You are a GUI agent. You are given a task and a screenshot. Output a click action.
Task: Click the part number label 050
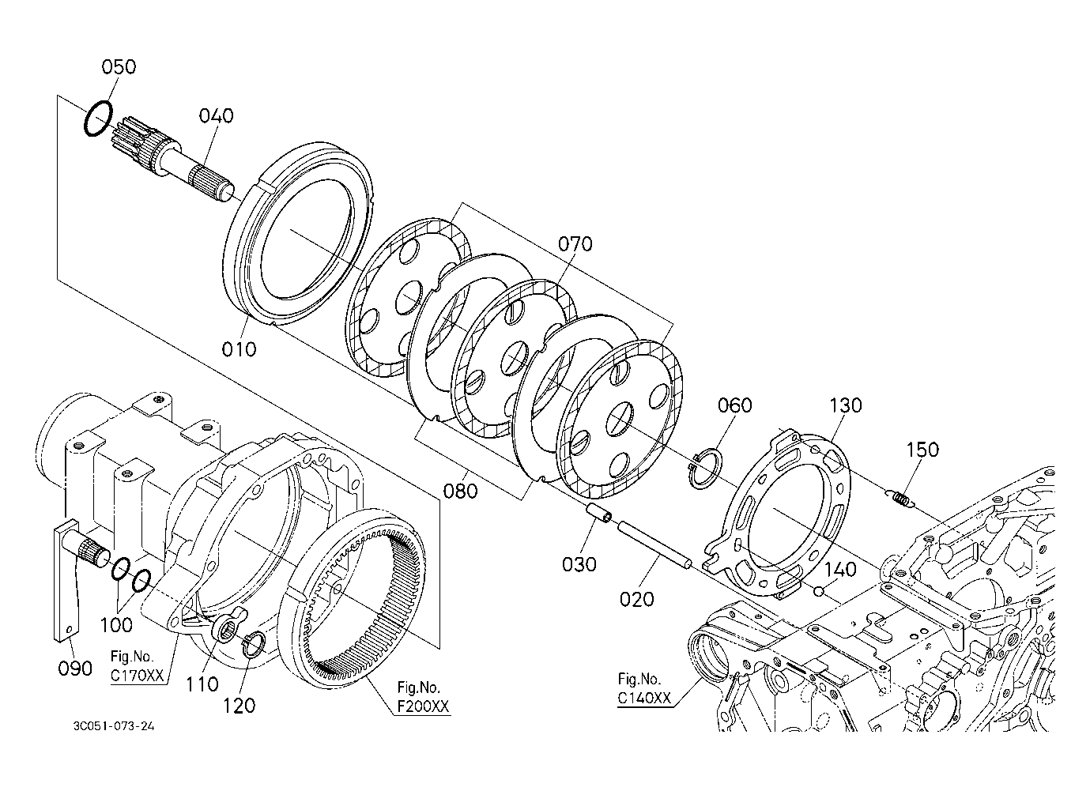click(119, 66)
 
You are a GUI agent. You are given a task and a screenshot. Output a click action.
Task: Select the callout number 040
click(216, 116)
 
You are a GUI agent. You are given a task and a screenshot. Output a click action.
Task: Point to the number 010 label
click(239, 348)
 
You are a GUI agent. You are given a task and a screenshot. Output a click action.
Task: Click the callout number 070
click(575, 243)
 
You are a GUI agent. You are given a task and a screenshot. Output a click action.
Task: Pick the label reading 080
click(460, 491)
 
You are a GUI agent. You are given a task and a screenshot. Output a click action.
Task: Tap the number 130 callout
click(845, 405)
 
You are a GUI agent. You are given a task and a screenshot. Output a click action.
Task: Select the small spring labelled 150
click(900, 498)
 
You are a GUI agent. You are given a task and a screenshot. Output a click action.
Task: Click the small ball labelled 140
click(818, 591)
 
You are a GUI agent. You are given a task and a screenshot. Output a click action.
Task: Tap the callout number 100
click(116, 625)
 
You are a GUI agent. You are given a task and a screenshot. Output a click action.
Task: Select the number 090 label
click(75, 669)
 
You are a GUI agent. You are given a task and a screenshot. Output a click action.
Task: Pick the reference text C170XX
click(138, 676)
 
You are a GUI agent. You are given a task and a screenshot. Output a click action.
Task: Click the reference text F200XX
click(423, 706)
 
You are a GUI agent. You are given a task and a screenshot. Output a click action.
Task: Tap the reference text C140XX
click(644, 698)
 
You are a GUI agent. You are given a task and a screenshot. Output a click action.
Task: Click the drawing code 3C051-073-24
click(114, 726)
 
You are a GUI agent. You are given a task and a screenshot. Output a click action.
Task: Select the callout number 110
click(202, 684)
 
